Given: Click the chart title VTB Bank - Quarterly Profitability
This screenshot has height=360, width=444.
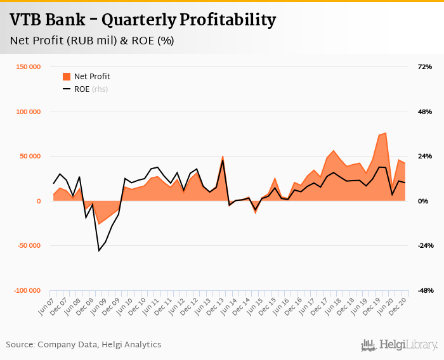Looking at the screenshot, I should click(x=143, y=20).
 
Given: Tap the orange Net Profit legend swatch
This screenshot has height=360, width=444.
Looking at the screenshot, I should click(x=67, y=77).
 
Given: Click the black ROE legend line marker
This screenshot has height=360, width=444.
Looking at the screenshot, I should click(x=67, y=89).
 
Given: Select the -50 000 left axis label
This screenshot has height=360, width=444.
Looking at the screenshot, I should click(x=27, y=246).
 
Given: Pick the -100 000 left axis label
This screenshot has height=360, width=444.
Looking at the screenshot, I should click(x=25, y=291).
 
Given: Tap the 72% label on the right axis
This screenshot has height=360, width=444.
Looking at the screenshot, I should click(x=424, y=67).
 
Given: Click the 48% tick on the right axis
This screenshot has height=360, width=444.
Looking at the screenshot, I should click(x=424, y=112).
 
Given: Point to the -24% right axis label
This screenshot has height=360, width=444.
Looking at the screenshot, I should click(x=423, y=246).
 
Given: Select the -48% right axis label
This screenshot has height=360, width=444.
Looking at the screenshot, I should click(x=423, y=291).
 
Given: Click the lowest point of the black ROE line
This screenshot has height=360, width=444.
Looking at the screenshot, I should click(x=99, y=250).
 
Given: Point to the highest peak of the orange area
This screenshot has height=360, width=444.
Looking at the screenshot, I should click(x=385, y=133).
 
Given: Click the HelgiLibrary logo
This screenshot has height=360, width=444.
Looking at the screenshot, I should click(x=399, y=345).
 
